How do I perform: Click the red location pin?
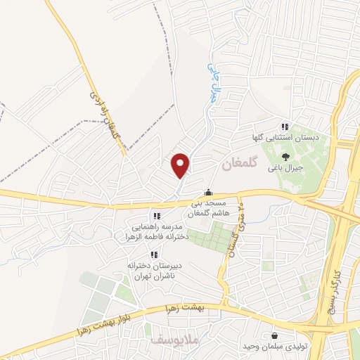pos(181,165)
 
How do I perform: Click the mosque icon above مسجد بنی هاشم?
pos(208,192)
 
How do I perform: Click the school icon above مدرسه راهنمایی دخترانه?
pos(157,216)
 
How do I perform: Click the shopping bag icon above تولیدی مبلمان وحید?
pos(275,337)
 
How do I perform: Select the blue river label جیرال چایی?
pos(210,82)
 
